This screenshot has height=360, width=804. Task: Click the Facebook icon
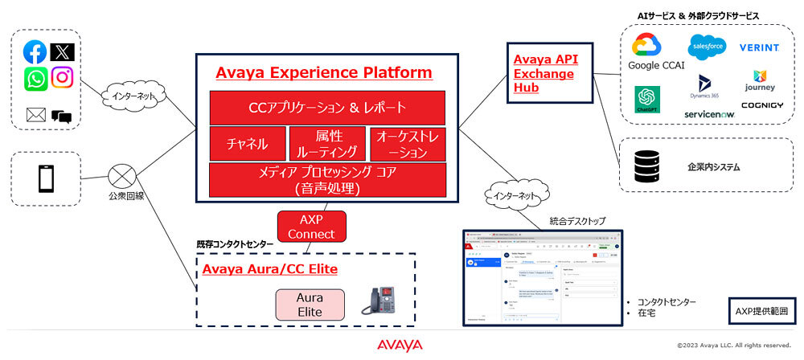pos(35,52)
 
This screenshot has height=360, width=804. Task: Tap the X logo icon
pos(62,52)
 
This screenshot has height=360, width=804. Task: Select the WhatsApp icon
pos(35,78)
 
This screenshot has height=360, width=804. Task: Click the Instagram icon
pos(62,77)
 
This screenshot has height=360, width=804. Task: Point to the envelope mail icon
pos(35,115)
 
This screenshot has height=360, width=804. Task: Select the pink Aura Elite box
pos(310,304)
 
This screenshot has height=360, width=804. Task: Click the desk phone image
pos(380,304)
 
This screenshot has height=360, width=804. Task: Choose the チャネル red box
pos(247,144)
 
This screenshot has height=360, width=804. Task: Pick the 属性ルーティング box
pos(326,144)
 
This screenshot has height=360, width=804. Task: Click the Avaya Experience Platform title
pos(324,73)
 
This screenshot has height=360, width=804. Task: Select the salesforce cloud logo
pos(707,47)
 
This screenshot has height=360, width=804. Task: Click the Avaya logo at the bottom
pos(400,345)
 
